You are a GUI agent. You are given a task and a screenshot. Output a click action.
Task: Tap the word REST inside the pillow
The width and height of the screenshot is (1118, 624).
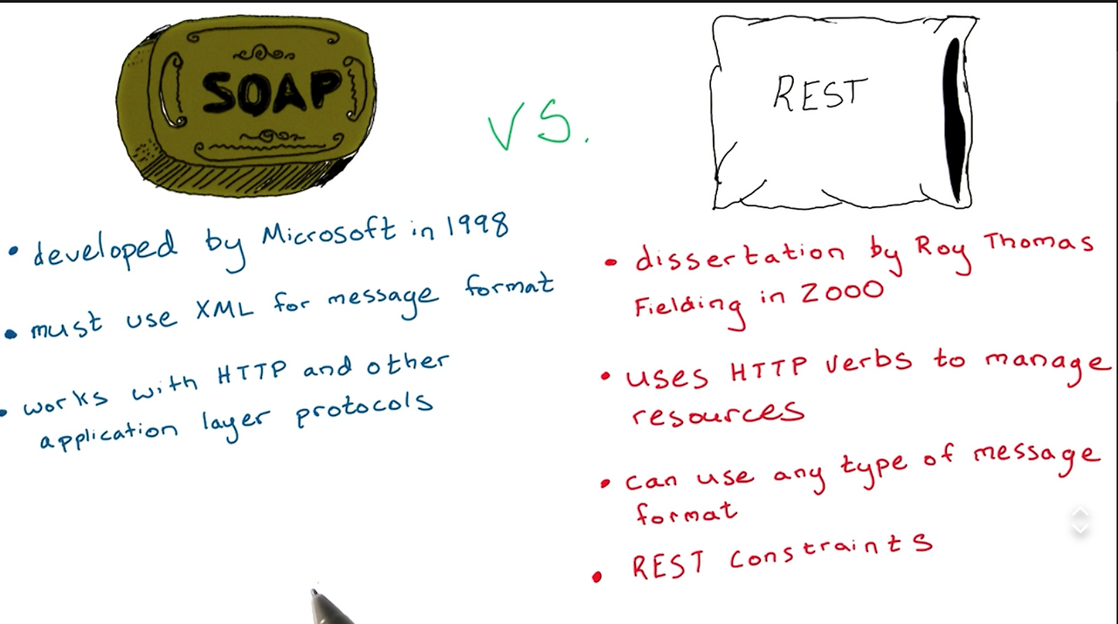pos(819,94)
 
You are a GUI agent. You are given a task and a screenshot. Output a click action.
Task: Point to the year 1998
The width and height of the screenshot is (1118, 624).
pos(477,225)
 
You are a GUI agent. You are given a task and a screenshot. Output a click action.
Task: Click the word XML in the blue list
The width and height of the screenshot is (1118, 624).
pos(225,308)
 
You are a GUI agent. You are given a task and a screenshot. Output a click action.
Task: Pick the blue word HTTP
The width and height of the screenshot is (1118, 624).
pos(252,374)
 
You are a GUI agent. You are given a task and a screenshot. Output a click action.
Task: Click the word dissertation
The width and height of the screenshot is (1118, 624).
pos(739,254)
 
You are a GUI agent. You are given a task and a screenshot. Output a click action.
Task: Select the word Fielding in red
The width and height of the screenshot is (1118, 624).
pos(688,306)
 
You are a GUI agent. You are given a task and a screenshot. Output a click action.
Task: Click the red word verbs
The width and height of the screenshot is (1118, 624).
pos(868,362)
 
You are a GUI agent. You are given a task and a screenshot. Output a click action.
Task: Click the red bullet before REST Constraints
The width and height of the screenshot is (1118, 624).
pos(597,577)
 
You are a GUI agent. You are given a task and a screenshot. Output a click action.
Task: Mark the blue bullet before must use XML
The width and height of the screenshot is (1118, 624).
pos(10,333)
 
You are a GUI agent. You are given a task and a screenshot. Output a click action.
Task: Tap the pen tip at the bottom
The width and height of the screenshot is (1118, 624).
pos(314,593)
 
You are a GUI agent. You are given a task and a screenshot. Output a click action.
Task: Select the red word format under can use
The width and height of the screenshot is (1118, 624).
pos(686,513)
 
